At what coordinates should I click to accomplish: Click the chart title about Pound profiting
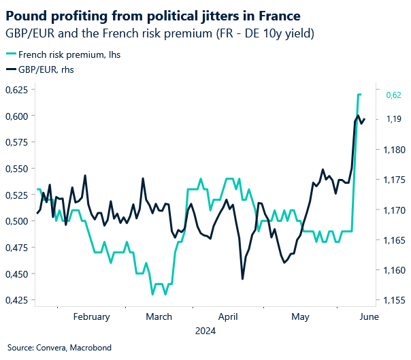click(153, 14)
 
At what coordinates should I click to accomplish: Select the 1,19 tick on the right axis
click(393, 120)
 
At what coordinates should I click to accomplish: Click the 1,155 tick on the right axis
click(395, 300)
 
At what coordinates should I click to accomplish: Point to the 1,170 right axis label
click(395, 210)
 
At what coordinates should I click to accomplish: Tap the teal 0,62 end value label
click(394, 96)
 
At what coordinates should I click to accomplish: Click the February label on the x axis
click(91, 316)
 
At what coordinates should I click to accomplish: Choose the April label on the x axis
click(228, 316)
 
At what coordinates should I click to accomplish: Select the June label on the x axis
click(367, 316)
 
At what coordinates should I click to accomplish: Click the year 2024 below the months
click(205, 331)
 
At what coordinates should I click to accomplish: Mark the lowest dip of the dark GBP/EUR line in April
click(242, 278)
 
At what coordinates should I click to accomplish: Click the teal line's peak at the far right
click(359, 95)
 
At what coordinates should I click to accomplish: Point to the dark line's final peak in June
click(358, 116)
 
